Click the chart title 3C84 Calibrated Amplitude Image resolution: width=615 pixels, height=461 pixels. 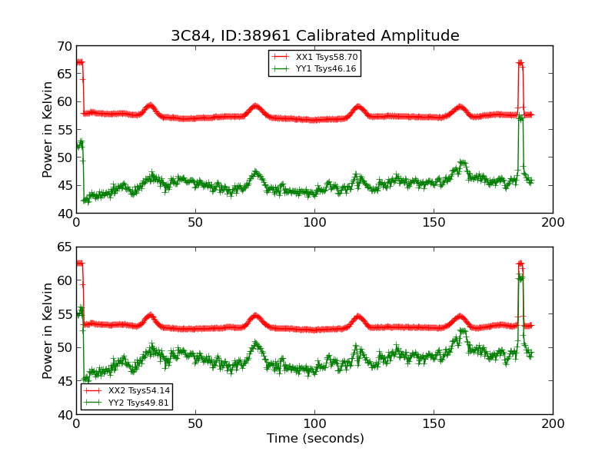(314, 35)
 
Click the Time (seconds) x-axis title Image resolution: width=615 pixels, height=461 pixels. (315, 439)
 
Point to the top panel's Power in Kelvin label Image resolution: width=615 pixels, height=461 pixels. (48, 129)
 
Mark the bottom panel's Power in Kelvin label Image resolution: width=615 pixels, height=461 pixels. (48, 330)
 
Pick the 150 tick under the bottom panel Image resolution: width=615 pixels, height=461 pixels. (434, 423)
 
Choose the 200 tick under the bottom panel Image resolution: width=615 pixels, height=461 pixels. (553, 423)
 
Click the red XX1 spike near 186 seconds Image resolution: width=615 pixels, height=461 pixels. (520, 63)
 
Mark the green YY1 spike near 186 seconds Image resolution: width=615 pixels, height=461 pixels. (520, 118)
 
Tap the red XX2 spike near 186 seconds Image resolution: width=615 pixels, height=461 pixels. (520, 264)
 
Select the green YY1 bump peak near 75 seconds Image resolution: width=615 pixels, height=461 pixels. (255, 172)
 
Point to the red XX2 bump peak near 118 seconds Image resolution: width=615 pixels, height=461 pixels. (357, 317)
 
